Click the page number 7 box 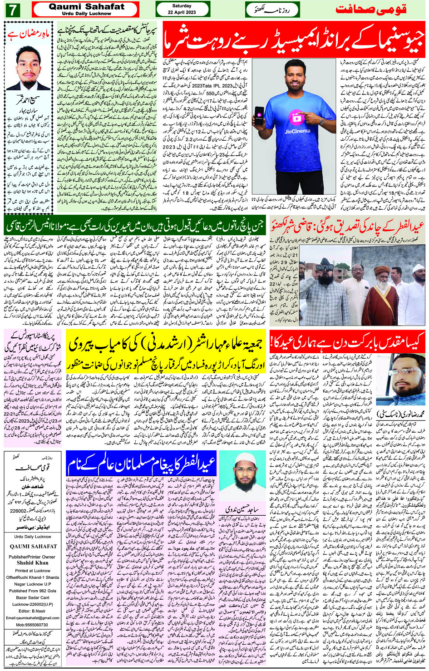point(12,10)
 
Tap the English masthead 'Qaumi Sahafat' point(86,7)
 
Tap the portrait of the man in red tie point(28,68)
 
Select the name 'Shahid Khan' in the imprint point(32,562)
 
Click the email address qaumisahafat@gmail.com point(33,618)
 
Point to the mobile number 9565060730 point(32,625)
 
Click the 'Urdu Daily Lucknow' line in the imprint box point(32,537)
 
